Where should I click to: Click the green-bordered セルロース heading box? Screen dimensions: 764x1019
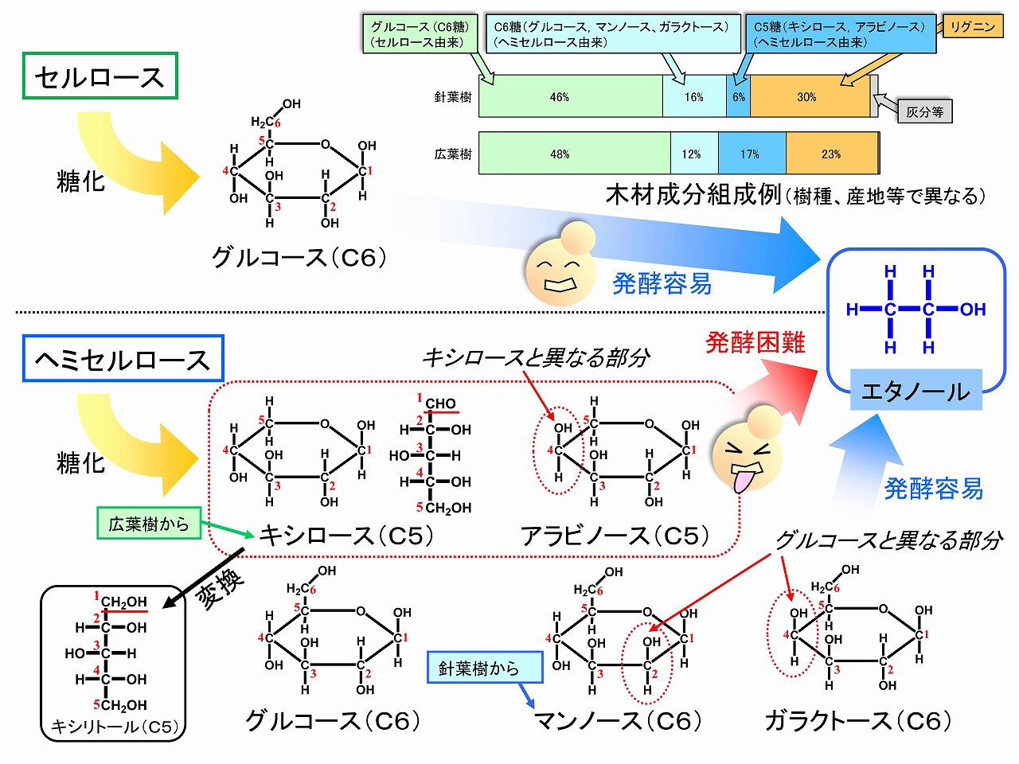[x=100, y=76]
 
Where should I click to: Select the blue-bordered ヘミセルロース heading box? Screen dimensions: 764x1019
[x=123, y=359]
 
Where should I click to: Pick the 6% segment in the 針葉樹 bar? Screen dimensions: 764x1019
[x=739, y=97]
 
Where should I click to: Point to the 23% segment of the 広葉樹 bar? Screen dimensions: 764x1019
[x=831, y=154]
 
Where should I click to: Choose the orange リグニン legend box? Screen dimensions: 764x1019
[x=972, y=27]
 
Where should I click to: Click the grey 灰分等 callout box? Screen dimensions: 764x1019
[x=924, y=112]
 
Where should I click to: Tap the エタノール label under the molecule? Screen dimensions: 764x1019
[x=916, y=391]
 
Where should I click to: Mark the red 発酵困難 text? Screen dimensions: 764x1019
[x=755, y=342]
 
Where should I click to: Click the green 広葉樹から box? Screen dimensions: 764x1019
[x=149, y=524]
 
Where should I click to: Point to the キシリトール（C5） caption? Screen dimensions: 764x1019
[x=114, y=727]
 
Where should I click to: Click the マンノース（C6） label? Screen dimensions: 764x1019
[x=618, y=721]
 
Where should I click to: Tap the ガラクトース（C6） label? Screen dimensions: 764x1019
[x=858, y=721]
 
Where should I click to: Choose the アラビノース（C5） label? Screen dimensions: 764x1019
[x=615, y=536]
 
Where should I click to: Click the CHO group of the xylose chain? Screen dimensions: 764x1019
[x=439, y=403]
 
